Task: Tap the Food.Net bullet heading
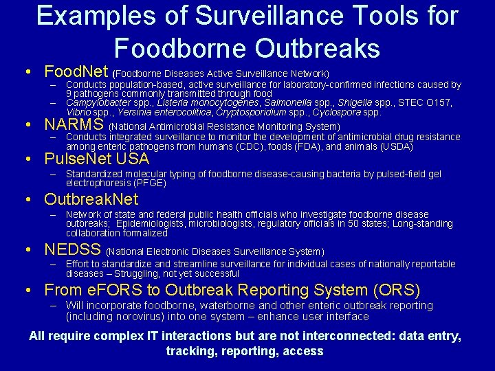76,71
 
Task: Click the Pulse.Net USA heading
96,159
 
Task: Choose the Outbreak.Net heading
91,200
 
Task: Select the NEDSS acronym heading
73,250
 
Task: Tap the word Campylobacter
98,102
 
